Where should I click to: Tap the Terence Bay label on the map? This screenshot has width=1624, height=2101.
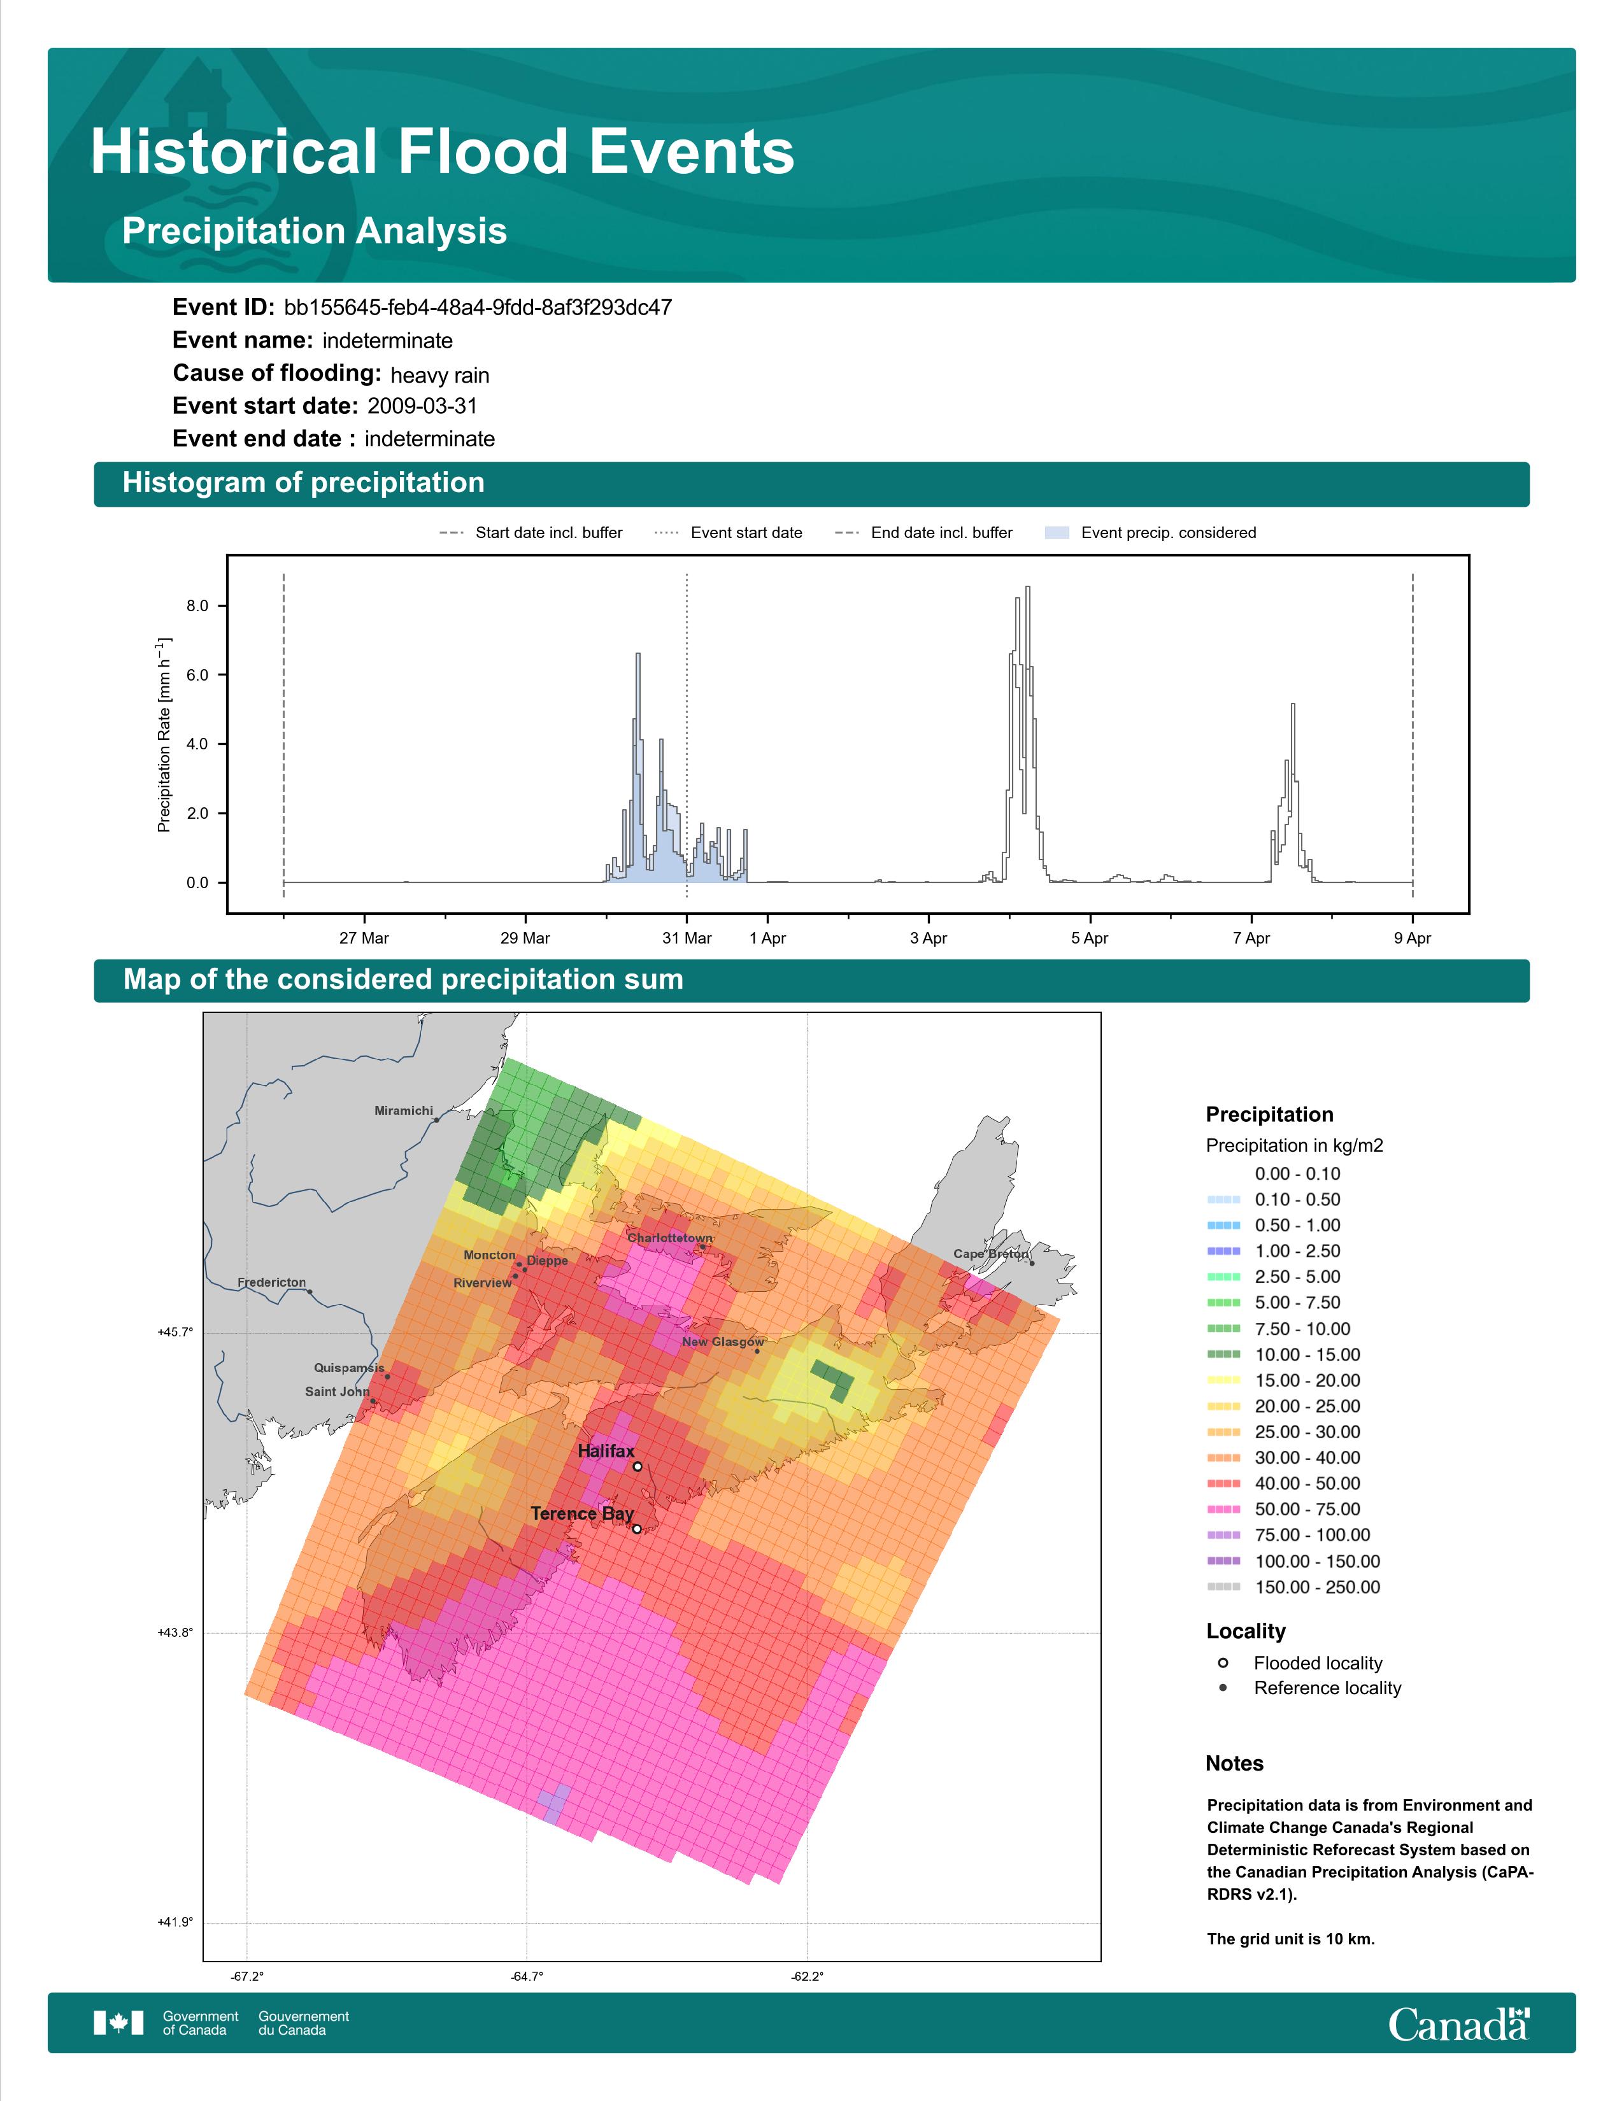(x=582, y=1513)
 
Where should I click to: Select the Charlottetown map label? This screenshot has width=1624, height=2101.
(x=671, y=1238)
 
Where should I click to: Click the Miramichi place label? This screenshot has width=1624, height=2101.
(x=404, y=1110)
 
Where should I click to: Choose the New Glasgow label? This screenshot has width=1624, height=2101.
(x=723, y=1342)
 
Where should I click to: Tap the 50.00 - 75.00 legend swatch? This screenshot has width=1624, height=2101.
(x=1224, y=1510)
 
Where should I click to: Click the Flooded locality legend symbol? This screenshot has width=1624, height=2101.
(x=1223, y=1662)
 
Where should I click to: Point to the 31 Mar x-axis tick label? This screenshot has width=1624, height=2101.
(x=687, y=938)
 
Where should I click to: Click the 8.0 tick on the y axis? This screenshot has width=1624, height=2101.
(x=197, y=606)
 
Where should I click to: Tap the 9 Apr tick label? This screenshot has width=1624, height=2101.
(x=1413, y=938)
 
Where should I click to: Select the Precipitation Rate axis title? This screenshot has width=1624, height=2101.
(x=164, y=735)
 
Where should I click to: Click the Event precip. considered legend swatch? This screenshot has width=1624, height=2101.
(x=1057, y=532)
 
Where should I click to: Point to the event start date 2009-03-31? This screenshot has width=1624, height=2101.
(x=422, y=406)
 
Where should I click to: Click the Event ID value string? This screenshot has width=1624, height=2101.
(x=478, y=308)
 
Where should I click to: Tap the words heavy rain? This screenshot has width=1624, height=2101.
(x=439, y=375)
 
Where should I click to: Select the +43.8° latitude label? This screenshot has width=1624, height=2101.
(x=175, y=1632)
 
